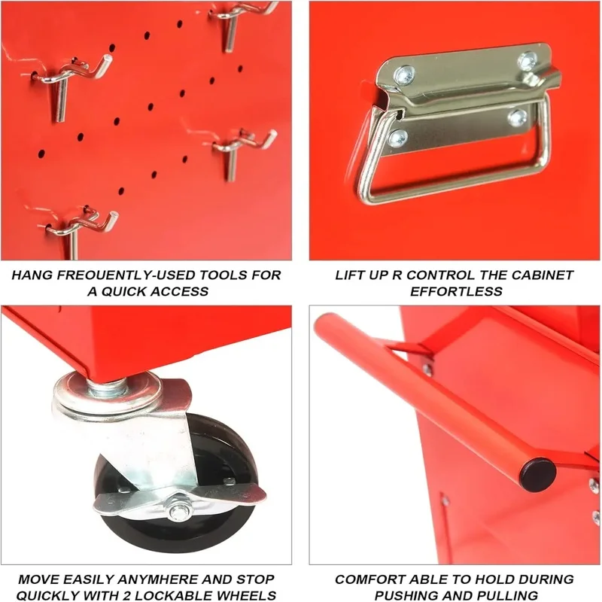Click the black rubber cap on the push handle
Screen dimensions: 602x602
[x=537, y=475]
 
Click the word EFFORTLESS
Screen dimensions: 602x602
[x=456, y=291]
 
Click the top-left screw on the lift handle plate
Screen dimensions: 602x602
[x=405, y=74]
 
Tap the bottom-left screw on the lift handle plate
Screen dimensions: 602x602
[x=398, y=138]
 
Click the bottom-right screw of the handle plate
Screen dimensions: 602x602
[x=517, y=118]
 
